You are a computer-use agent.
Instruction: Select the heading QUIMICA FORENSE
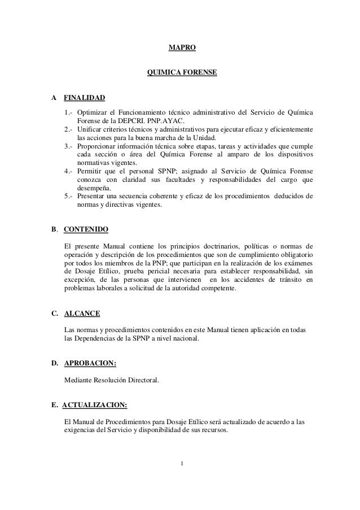pos(182,73)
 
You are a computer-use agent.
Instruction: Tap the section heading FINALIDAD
pos(84,98)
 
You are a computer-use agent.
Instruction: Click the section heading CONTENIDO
pos(86,230)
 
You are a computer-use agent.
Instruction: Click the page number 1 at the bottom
pos(182,464)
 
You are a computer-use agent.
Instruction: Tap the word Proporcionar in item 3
pos(99,146)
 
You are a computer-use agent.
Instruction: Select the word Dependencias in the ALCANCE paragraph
pos(96,338)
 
